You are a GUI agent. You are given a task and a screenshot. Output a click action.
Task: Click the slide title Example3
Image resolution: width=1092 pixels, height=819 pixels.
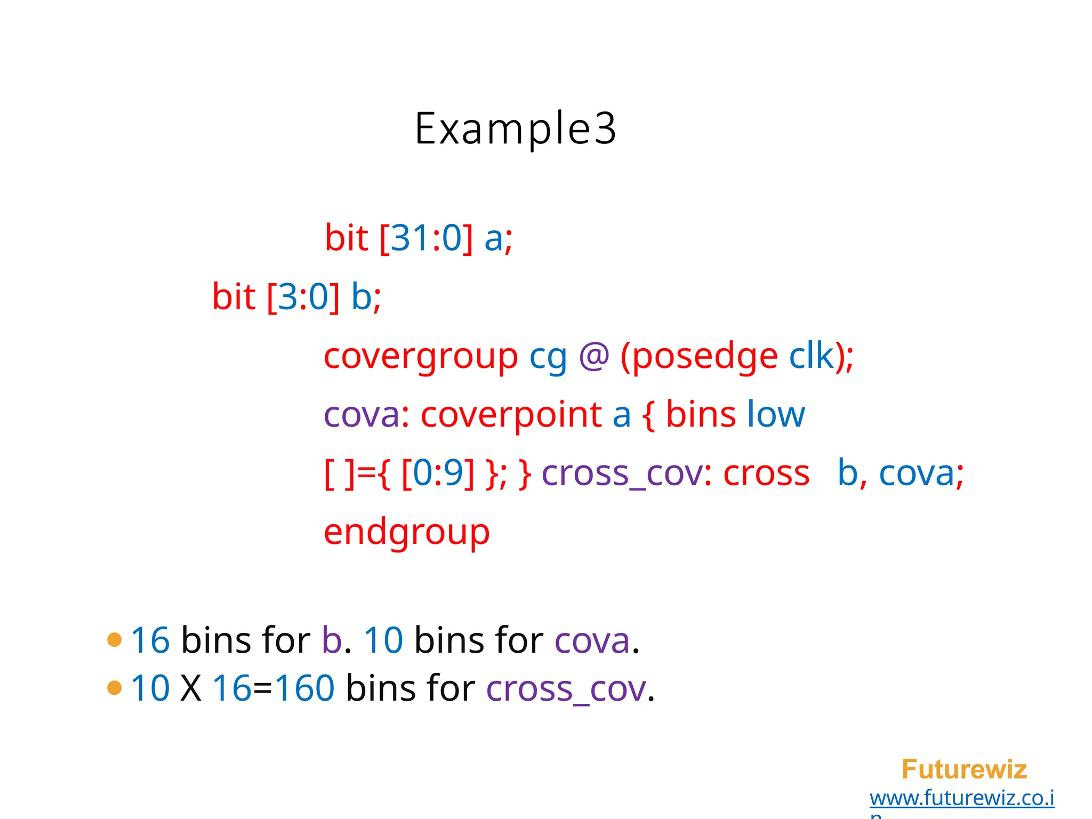tap(515, 129)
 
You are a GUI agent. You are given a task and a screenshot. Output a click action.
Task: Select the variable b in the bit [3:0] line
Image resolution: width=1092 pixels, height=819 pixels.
tap(362, 296)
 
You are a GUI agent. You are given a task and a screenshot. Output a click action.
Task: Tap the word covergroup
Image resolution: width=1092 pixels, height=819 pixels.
tap(421, 356)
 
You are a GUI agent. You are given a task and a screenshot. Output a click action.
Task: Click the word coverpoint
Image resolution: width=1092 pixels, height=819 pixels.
tap(511, 414)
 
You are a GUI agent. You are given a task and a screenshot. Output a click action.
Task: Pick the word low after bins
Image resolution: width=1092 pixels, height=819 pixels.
tap(776, 414)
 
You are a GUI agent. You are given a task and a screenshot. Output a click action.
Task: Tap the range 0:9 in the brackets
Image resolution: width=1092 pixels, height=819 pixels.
tap(437, 473)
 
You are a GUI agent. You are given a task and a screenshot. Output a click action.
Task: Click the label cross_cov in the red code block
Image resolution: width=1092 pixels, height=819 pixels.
tap(622, 473)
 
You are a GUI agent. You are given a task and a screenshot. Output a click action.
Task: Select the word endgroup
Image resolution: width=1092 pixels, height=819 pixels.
tap(406, 532)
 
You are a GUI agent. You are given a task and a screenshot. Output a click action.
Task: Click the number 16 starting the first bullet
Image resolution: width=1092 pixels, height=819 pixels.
tap(150, 640)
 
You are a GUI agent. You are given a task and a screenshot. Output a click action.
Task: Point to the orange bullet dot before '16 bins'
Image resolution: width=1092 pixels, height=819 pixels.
tap(115, 639)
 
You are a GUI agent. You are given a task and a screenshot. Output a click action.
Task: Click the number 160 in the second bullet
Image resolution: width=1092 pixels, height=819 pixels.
tap(304, 688)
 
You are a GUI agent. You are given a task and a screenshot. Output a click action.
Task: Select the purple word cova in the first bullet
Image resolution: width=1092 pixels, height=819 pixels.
tap(592, 640)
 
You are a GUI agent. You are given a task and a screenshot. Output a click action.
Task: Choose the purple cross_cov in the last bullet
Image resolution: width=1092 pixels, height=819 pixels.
tap(566, 688)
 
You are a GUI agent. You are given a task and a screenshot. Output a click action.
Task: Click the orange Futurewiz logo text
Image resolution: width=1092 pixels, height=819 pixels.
tap(964, 769)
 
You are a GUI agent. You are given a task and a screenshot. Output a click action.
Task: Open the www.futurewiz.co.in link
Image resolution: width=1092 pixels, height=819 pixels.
tap(962, 798)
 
